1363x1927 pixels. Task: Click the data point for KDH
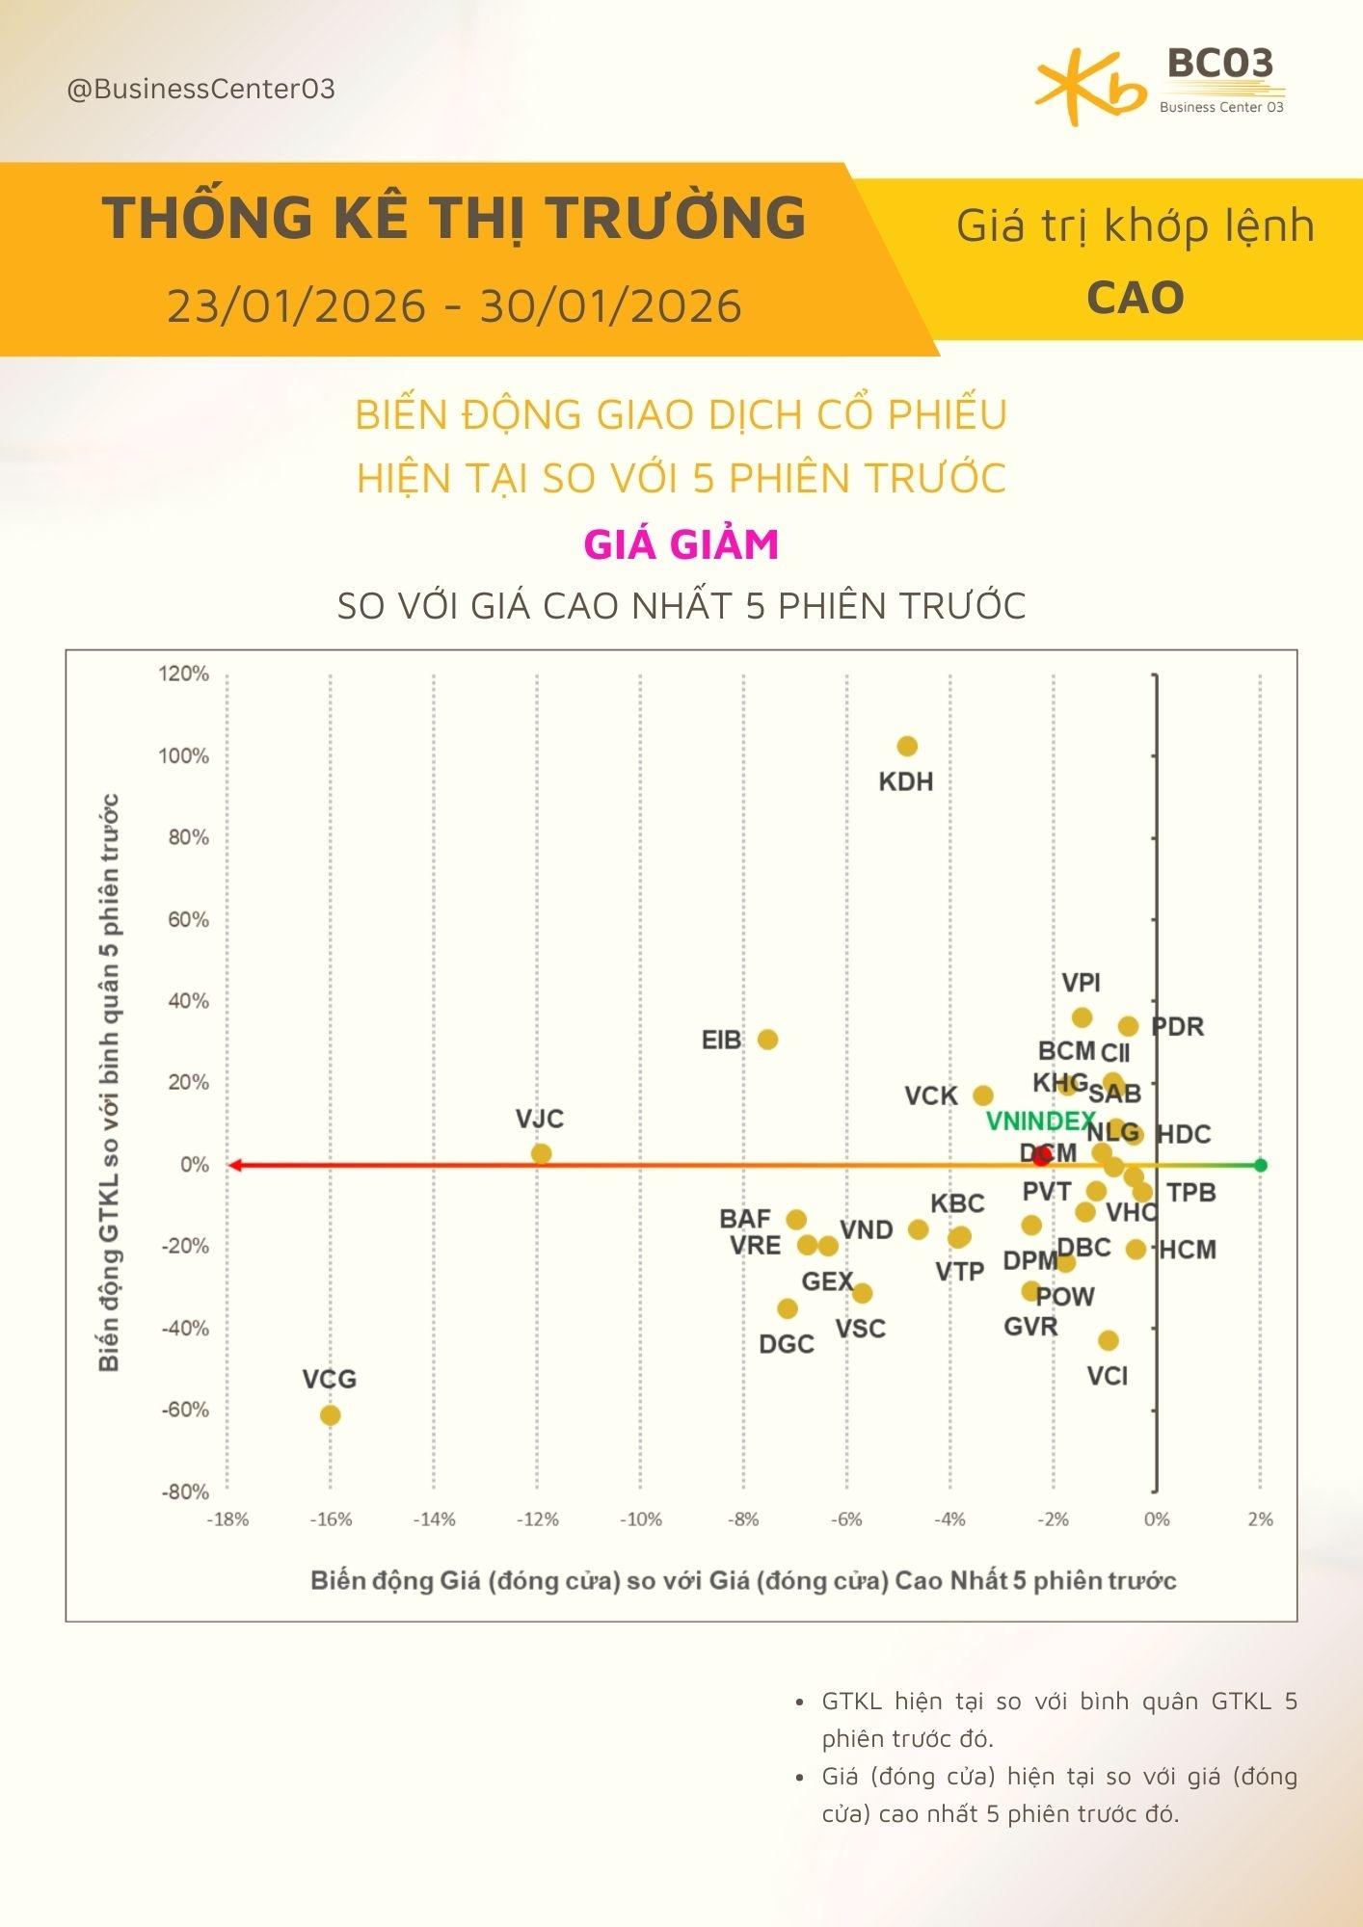click(x=907, y=746)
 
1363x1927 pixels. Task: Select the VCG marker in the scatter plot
click(x=330, y=1415)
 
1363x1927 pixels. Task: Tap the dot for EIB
click(x=767, y=1040)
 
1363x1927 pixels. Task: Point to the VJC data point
click(x=541, y=1153)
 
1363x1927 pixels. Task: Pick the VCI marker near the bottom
click(x=1109, y=1340)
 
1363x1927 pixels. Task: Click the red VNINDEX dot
click(x=1042, y=1156)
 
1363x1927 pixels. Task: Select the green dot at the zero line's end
click(x=1260, y=1165)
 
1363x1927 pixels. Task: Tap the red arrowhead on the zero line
click(x=234, y=1165)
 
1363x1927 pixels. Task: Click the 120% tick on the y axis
click(x=183, y=674)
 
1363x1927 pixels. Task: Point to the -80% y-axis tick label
click(x=183, y=1492)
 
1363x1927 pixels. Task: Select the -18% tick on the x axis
click(x=228, y=1519)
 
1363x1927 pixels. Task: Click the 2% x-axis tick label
click(x=1260, y=1519)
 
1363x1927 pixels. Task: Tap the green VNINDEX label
click(x=1040, y=1122)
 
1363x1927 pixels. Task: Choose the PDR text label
click(x=1177, y=1027)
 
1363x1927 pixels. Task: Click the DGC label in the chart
click(x=787, y=1344)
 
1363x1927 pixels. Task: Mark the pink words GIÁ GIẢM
click(x=681, y=544)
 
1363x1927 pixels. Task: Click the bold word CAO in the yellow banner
click(x=1135, y=298)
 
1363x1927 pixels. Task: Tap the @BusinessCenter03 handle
click(x=200, y=90)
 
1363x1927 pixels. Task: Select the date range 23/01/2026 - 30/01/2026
click(x=454, y=306)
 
